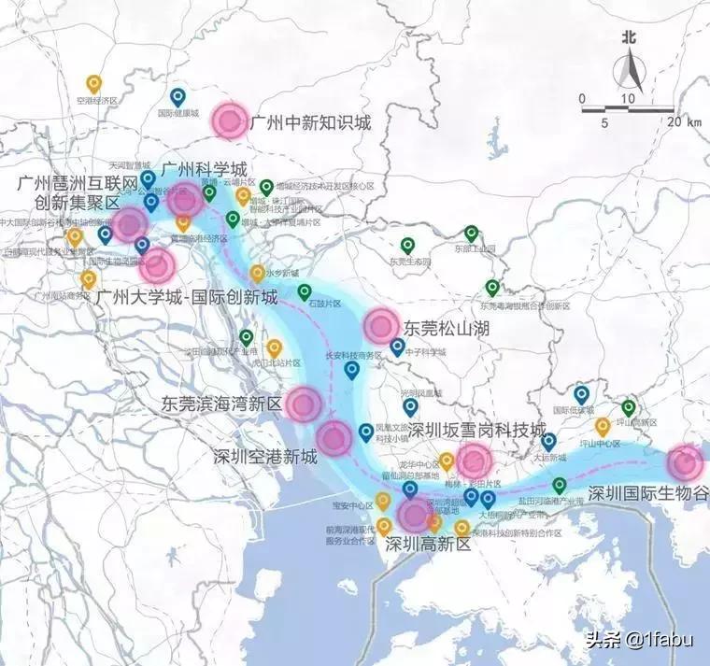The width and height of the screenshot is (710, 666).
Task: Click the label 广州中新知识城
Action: tap(311, 122)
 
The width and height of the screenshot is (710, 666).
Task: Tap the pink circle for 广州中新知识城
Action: tap(228, 120)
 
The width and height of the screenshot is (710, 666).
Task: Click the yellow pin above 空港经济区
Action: tap(93, 83)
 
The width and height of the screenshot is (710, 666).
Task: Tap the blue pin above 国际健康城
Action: tap(177, 96)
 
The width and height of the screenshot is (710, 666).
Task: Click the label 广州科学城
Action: tap(204, 170)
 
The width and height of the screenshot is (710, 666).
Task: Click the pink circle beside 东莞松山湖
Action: tap(381, 326)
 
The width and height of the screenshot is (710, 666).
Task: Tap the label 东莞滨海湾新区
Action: tap(221, 405)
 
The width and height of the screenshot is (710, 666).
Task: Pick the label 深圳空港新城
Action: tap(265, 457)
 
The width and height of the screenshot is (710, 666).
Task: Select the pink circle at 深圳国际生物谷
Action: tap(685, 463)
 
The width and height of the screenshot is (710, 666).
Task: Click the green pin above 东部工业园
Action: tap(472, 234)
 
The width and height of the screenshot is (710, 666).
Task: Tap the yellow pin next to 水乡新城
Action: tap(257, 273)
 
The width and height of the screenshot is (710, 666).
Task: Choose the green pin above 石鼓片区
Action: tap(305, 291)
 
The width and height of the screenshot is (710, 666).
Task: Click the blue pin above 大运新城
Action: tap(549, 441)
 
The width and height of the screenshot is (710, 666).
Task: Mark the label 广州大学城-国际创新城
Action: tap(188, 297)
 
